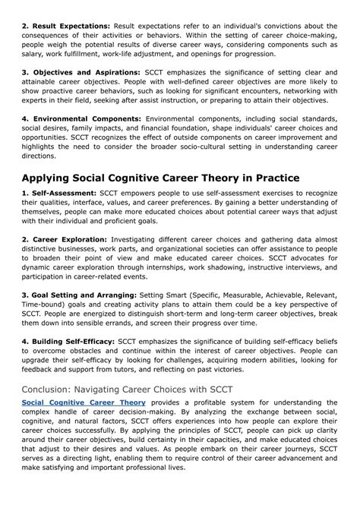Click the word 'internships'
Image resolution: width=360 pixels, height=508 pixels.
(194, 278)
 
